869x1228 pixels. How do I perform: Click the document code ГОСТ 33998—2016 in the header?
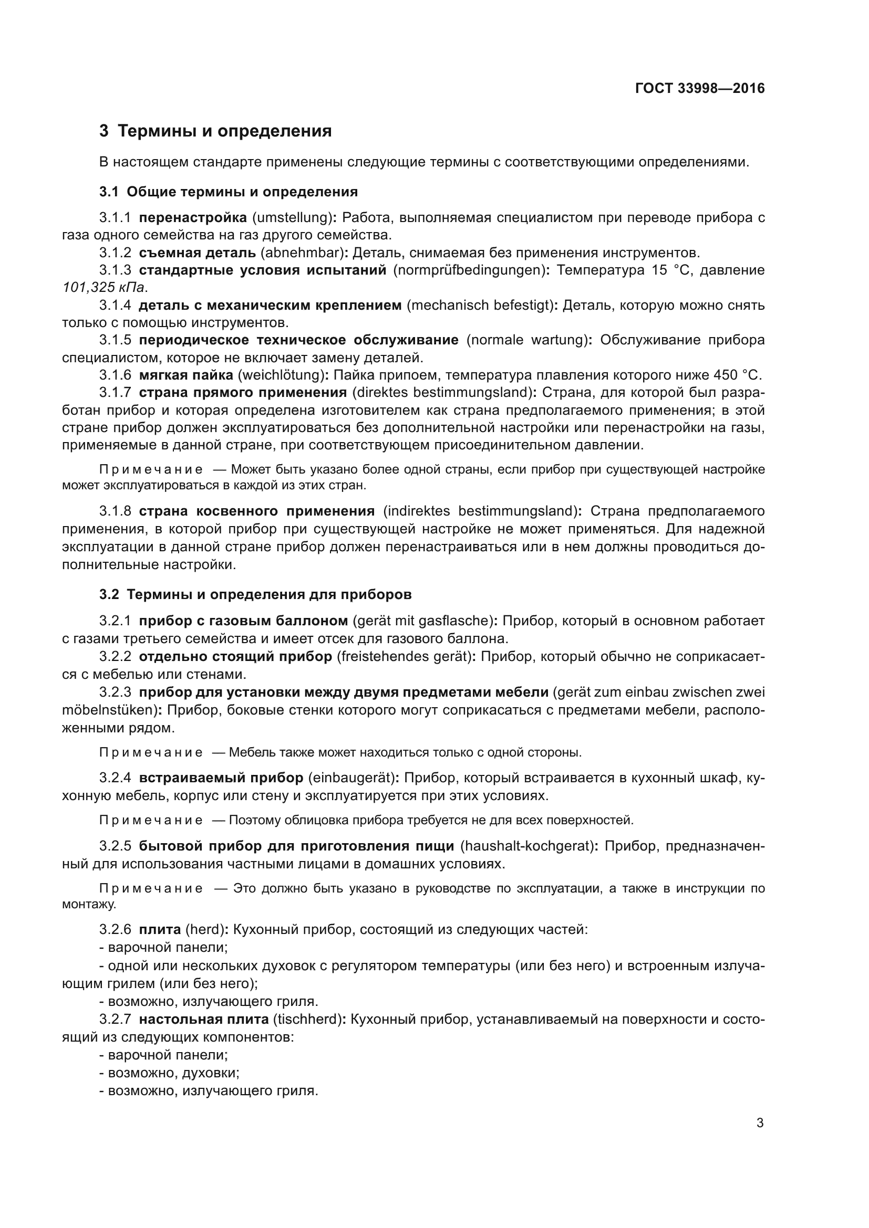pos(699,89)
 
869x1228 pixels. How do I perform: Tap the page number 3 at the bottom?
pos(760,1123)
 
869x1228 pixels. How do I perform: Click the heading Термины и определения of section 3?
pos(224,131)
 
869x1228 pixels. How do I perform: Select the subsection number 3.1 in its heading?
pos(109,192)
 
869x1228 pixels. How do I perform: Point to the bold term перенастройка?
pos(193,218)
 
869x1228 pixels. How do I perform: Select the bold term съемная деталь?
pos(196,253)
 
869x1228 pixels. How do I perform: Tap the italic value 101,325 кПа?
pos(104,287)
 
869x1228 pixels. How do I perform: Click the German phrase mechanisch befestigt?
pos(480,306)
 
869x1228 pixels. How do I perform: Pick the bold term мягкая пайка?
pos(185,375)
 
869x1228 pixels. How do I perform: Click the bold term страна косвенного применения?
pos(256,511)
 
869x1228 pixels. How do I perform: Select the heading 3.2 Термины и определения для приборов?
pos(255,595)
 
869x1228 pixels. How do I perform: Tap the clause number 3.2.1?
pos(115,621)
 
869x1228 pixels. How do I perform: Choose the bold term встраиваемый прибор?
pos(221,778)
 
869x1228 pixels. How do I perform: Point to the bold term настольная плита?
pos(203,1020)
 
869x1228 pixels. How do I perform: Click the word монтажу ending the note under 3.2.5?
pos(88,905)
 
